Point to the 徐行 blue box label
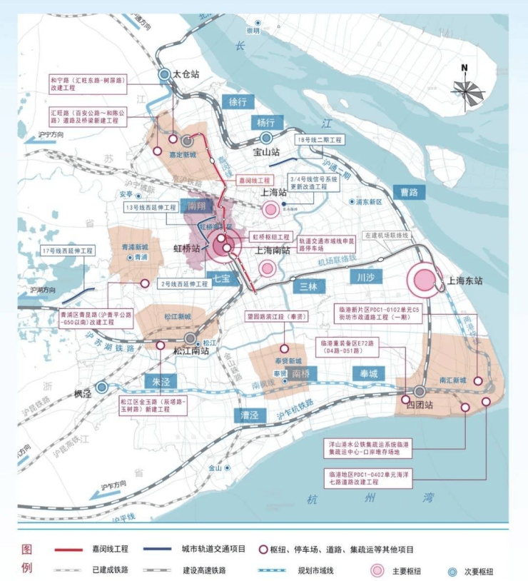[x=237, y=101]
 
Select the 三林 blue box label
[x=309, y=286]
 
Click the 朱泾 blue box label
[x=161, y=382]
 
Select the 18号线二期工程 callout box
[x=321, y=140]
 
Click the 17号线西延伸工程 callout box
[x=68, y=251]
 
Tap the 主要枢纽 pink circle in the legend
[x=378, y=571]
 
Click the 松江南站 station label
[x=191, y=350]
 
